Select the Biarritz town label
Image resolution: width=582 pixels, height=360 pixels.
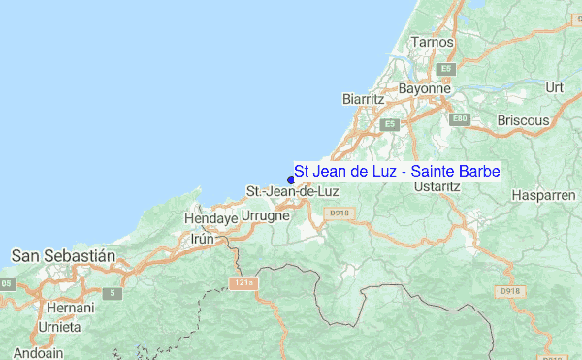(365, 99)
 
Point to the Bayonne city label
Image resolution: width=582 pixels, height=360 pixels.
(426, 88)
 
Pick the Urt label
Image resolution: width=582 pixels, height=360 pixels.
(555, 87)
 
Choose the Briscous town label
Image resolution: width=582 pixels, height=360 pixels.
(523, 120)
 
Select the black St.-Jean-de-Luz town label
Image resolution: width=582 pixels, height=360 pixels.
(285, 191)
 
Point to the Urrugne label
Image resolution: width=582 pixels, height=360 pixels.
(265, 215)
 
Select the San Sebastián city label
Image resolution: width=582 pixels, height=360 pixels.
(63, 255)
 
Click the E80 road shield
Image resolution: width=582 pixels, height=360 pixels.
(460, 118)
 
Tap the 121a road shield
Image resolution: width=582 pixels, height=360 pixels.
(242, 282)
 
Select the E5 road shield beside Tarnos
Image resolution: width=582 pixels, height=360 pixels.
(446, 69)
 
